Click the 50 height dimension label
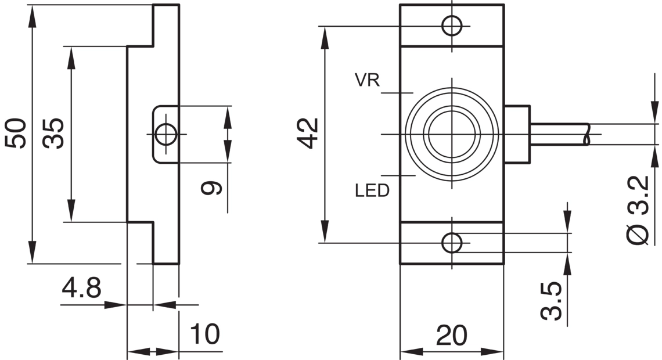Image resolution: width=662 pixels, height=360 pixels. (x=16, y=134)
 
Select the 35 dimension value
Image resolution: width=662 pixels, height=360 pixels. (x=54, y=134)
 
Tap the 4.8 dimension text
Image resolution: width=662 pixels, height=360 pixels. (x=81, y=288)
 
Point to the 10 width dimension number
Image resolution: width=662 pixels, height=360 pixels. (x=205, y=334)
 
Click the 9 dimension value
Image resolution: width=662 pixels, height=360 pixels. (x=211, y=188)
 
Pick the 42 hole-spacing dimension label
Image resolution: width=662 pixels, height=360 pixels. (x=308, y=134)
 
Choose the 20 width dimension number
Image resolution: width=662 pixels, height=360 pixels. (x=452, y=336)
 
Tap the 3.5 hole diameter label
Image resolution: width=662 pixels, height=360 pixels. (x=552, y=301)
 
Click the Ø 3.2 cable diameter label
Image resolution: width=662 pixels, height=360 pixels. (x=638, y=210)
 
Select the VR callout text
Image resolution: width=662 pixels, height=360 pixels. (x=368, y=80)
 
